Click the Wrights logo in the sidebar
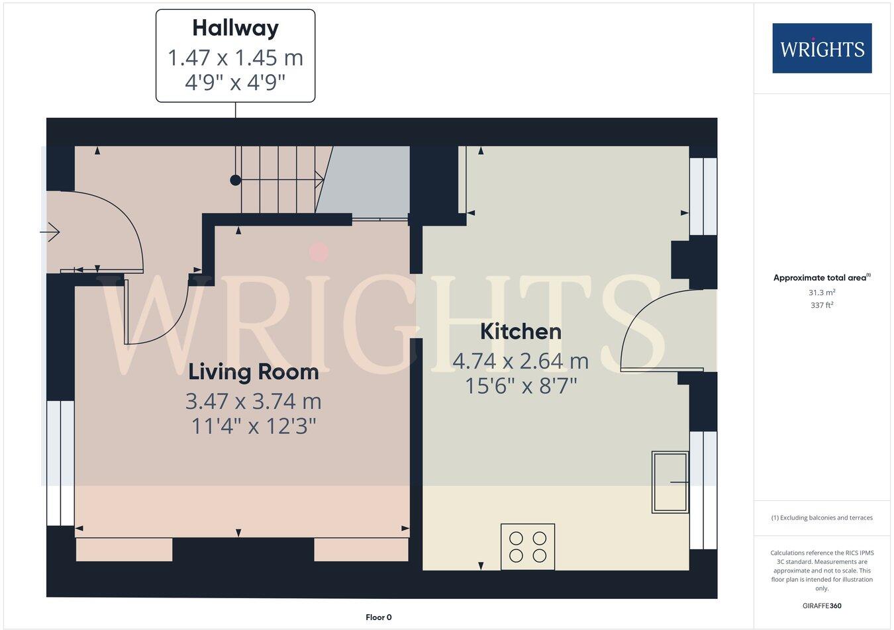(822, 48)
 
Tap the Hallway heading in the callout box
(235, 28)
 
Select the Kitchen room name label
(521, 331)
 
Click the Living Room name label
(254, 372)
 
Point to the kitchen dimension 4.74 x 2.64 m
(521, 361)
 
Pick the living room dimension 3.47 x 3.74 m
(254, 402)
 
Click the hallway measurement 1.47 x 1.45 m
(235, 58)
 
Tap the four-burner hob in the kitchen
(528, 547)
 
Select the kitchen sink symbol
(670, 482)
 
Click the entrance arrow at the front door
(51, 232)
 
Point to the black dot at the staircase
(234, 180)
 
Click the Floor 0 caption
(379, 617)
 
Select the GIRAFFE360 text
(822, 606)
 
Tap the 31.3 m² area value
(822, 292)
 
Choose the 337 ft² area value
(822, 305)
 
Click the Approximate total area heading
(822, 278)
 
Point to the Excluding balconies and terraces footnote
(822, 518)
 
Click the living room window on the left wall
(60, 463)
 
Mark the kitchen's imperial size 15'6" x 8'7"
(521, 385)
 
